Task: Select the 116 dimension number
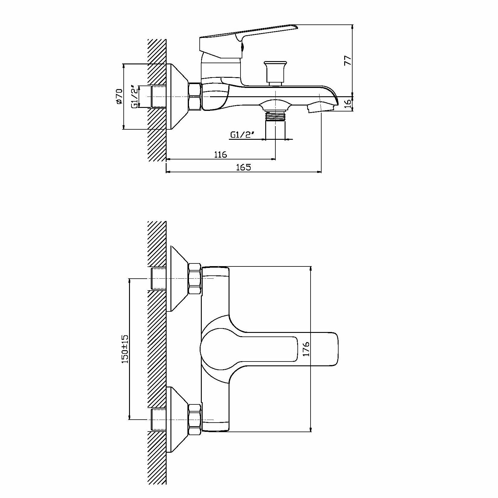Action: pyautogui.click(x=221, y=154)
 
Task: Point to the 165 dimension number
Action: pyautogui.click(x=244, y=167)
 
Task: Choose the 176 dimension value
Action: pyautogui.click(x=306, y=349)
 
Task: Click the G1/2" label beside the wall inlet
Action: pyautogui.click(x=135, y=97)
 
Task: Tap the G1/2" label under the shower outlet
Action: pyautogui.click(x=242, y=135)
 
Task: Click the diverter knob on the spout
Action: pyautogui.click(x=276, y=72)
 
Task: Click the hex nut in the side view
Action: pyautogui.click(x=195, y=97)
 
